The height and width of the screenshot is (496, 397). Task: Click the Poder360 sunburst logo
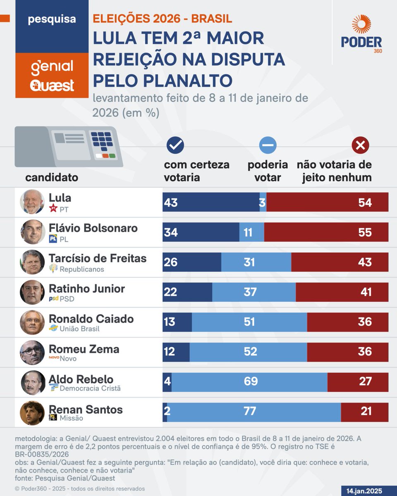point(361,25)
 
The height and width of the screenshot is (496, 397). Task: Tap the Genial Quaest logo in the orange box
point(52,75)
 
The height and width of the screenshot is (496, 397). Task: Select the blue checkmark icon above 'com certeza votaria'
point(175,145)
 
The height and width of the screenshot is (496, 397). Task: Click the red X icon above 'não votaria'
point(360,145)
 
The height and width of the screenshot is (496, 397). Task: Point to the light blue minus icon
point(268,145)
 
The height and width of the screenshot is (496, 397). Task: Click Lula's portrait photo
point(32,202)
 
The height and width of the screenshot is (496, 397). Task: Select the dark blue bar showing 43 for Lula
point(211,202)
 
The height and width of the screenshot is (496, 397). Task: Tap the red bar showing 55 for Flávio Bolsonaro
point(326,232)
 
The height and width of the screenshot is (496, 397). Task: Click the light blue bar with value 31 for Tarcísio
point(256,262)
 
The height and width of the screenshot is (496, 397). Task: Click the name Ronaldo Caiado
point(91,319)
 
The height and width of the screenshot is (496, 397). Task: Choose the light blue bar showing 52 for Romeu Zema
point(248,352)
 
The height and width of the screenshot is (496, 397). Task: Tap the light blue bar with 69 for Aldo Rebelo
point(249,382)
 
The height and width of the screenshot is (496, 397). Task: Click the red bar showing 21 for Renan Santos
point(364,412)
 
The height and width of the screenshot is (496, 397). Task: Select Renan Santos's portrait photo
point(32,412)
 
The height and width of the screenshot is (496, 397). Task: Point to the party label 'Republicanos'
point(81,269)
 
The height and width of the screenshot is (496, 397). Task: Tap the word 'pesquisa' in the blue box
point(52,19)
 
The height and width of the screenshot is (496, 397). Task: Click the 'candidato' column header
point(52,177)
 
